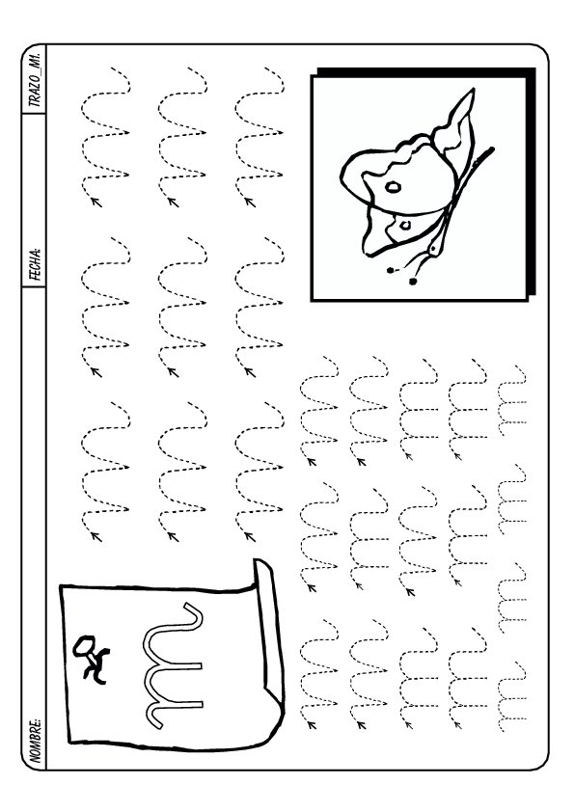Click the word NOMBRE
click(36, 740)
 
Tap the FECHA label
click(36, 264)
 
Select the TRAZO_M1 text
click(36, 79)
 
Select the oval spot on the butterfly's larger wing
click(394, 187)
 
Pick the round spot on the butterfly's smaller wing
click(405, 225)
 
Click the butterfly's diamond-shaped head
click(433, 249)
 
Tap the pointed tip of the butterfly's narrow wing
click(472, 90)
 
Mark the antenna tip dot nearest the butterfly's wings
click(390, 270)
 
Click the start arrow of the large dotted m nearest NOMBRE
click(96, 536)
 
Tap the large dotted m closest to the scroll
click(260, 472)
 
